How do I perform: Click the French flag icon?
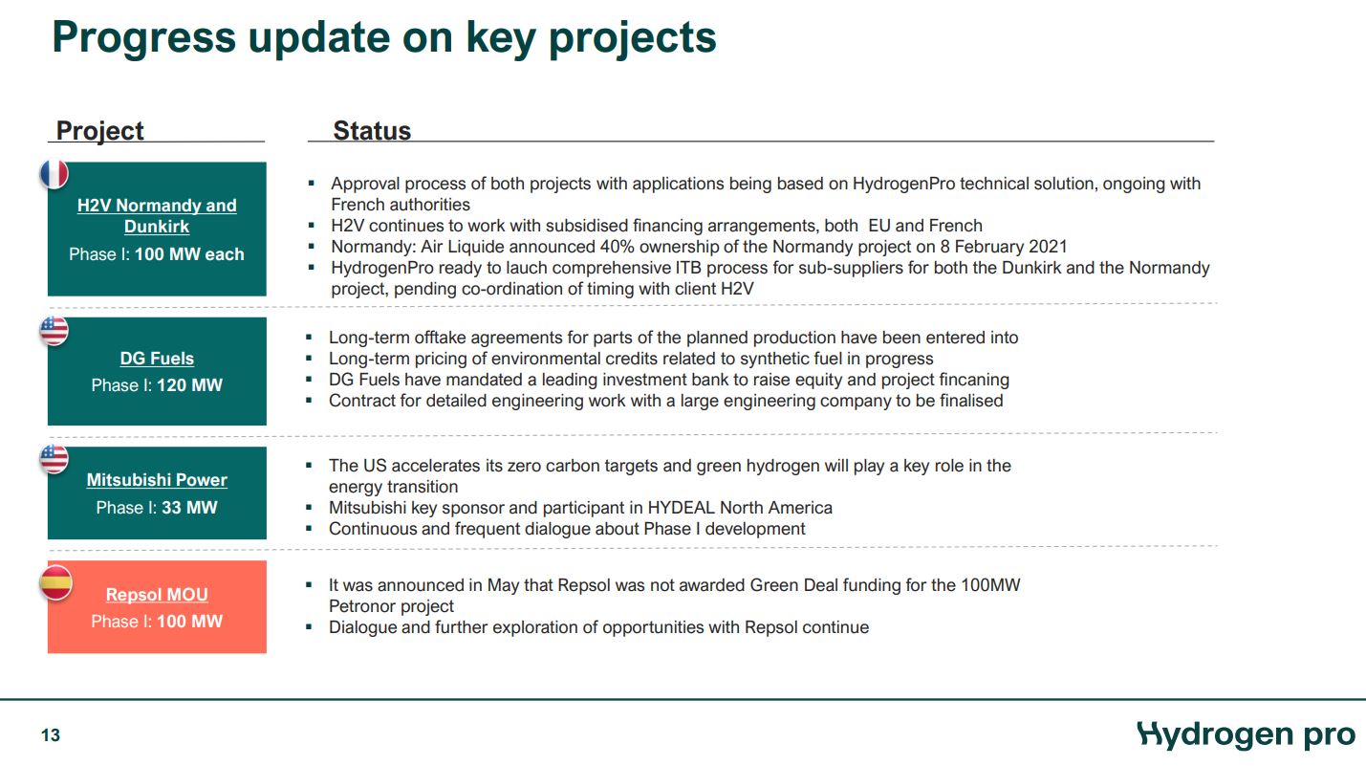(x=54, y=173)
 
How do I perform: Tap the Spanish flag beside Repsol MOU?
(x=54, y=582)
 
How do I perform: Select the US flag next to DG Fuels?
(x=54, y=331)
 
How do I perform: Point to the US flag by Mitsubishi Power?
(x=54, y=459)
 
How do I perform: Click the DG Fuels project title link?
(x=157, y=359)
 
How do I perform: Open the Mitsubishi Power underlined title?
(x=157, y=480)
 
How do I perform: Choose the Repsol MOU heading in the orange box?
(x=157, y=595)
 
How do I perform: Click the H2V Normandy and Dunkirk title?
(x=157, y=216)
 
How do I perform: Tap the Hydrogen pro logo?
(x=1247, y=734)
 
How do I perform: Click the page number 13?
(x=51, y=735)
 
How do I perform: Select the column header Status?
(x=372, y=131)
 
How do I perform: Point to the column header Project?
(x=99, y=131)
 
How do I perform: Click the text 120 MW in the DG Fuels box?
(x=189, y=385)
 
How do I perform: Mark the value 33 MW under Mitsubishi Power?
(x=189, y=508)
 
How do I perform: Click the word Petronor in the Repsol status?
(x=362, y=606)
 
